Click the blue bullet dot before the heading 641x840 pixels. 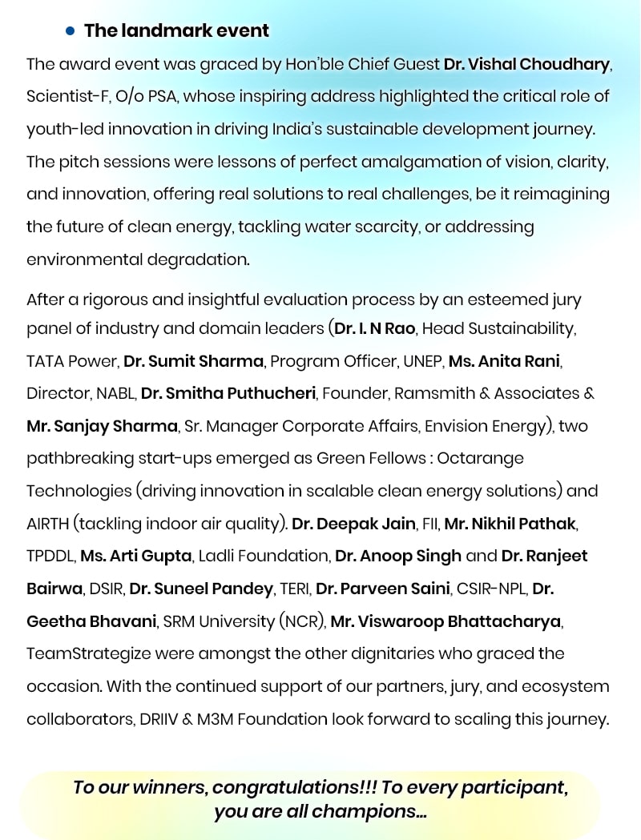(70, 30)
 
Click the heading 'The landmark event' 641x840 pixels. (176, 30)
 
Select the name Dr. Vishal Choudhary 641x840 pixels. (526, 63)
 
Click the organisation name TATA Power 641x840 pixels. (71, 360)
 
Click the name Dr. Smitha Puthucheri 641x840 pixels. (228, 393)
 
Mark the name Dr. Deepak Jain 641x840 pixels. (353, 524)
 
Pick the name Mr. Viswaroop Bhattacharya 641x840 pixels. (446, 621)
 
